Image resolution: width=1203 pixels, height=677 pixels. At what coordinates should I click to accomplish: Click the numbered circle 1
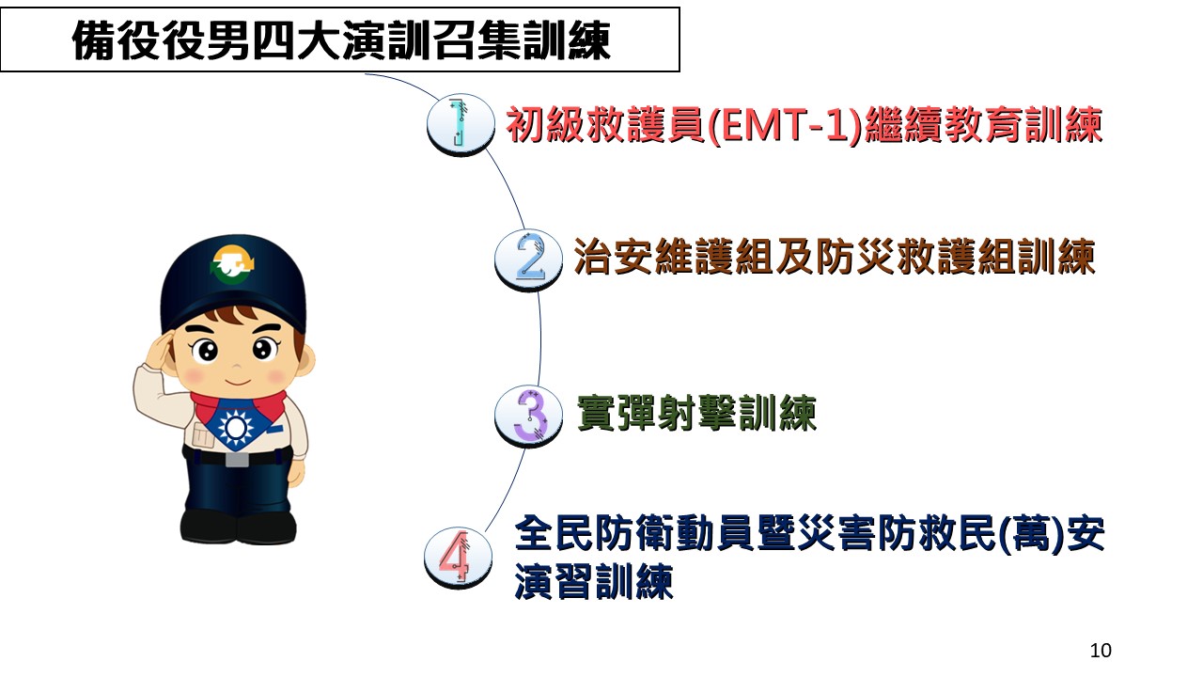pos(461,124)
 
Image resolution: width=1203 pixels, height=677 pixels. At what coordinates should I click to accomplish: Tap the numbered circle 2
pos(528,260)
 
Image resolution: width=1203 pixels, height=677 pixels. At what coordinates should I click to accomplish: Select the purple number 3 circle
pos(528,417)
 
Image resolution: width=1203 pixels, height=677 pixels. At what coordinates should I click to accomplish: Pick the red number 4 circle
pos(458,558)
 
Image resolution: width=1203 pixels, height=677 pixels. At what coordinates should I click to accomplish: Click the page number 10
pos(1101,650)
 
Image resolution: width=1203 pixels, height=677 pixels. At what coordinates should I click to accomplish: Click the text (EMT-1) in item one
pos(786,126)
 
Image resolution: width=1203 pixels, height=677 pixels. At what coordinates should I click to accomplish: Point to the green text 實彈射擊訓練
pos(696,413)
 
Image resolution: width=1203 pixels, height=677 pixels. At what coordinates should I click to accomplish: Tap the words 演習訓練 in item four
pos(594,581)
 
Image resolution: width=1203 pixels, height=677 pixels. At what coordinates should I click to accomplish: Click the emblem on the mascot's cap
pos(232,264)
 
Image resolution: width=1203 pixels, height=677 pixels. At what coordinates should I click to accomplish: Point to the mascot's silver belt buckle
pos(237,460)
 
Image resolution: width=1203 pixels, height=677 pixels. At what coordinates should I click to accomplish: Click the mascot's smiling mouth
pos(238,383)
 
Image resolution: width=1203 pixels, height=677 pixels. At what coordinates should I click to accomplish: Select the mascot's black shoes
pos(238,527)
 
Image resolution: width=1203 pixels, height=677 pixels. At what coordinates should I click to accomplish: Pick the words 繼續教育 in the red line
pos(945,126)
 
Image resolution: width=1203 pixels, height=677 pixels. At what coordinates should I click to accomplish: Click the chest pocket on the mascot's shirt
pos(203,435)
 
